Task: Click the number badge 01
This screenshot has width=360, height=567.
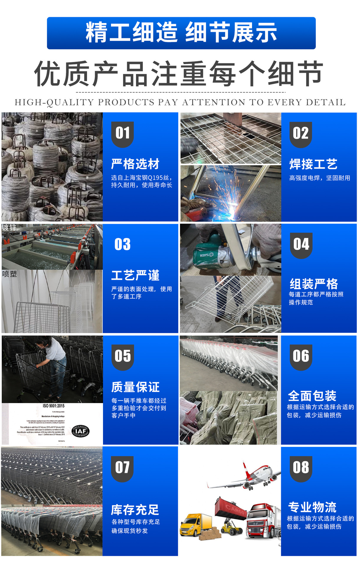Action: tap(122, 134)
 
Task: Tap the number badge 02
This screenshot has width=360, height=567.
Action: tap(301, 134)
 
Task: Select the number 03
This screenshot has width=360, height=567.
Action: tap(122, 245)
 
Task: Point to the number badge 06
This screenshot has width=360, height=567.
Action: tap(301, 356)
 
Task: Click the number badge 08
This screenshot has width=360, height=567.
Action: tap(301, 468)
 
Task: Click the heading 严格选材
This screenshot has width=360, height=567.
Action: tap(135, 164)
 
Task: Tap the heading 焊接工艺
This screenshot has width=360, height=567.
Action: tap(313, 164)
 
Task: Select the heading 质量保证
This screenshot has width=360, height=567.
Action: tap(135, 387)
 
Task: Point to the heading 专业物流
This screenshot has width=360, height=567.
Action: tap(312, 507)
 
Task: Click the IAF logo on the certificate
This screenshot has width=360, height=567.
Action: tap(81, 431)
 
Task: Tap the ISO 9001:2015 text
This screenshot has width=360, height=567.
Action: tap(53, 406)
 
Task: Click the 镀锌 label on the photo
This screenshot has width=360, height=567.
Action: tap(9, 228)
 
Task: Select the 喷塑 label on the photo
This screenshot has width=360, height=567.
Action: tap(9, 274)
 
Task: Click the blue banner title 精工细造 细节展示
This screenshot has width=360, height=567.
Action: tap(181, 33)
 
